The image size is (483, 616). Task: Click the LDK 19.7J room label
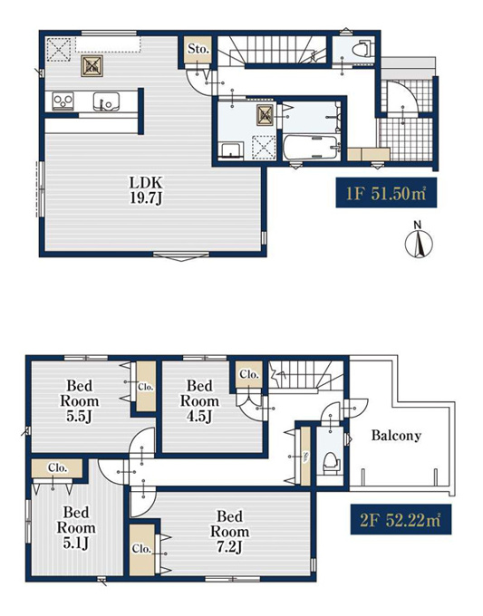coord(146,190)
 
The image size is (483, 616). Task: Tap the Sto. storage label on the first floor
coord(198,49)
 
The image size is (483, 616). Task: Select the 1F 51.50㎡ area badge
coord(386,193)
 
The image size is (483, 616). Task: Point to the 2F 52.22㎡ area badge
coord(401,519)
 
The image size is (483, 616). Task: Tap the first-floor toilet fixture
coord(362,50)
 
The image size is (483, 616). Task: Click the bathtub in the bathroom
coord(311,148)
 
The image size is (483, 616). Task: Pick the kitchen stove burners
coord(63,101)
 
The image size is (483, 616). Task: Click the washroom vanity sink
coord(231,150)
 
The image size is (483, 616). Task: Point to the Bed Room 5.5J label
coord(80,400)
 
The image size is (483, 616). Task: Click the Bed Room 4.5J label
coord(199,400)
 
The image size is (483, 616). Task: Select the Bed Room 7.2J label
coord(230,531)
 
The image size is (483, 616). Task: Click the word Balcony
coord(396,436)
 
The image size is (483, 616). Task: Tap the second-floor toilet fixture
coord(330,462)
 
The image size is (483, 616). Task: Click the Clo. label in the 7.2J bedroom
coord(141,549)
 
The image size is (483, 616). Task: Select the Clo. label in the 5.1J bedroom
coord(58,468)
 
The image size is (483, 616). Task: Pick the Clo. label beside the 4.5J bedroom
coord(249,374)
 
